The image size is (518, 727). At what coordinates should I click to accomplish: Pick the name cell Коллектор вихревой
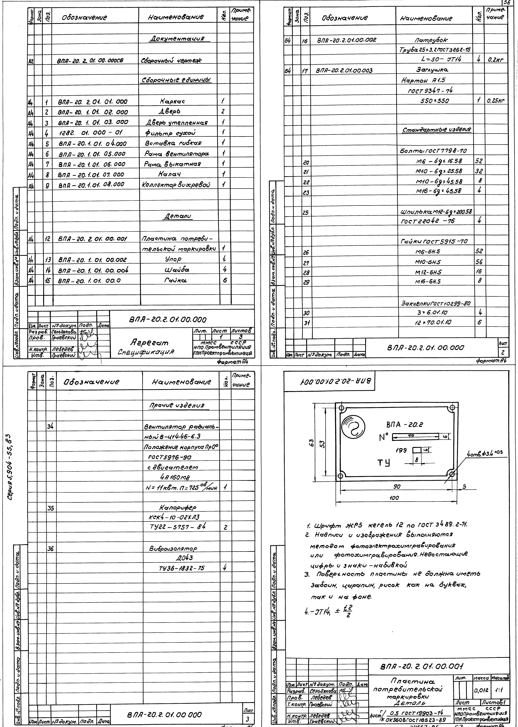point(175,184)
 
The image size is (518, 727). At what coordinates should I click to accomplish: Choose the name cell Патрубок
point(431,40)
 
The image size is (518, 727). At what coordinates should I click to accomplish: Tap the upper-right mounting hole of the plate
point(452,408)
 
